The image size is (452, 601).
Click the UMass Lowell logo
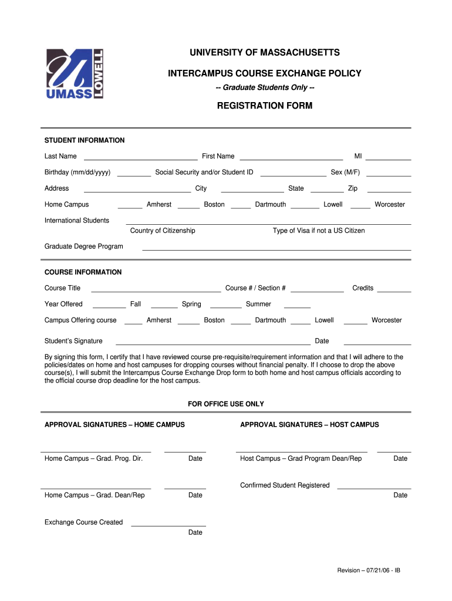[75, 73]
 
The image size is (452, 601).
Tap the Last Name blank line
[140, 158]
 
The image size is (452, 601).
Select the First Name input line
[291, 158]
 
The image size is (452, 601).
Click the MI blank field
[389, 158]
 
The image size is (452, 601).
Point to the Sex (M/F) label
[345, 173]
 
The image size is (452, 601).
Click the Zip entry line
[389, 191]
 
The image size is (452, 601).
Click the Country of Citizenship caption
[163, 231]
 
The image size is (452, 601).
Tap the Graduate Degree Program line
[276, 249]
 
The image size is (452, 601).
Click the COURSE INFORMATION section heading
[83, 272]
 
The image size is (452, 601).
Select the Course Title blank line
[156, 291]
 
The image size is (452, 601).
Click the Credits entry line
[393, 291]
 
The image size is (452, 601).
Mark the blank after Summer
[297, 307]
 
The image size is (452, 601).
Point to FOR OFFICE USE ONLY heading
[226, 404]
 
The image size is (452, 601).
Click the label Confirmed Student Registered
[285, 485]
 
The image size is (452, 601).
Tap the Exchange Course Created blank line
[168, 525]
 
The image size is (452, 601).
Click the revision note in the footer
[369, 570]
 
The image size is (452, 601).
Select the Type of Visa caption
[319, 231]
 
